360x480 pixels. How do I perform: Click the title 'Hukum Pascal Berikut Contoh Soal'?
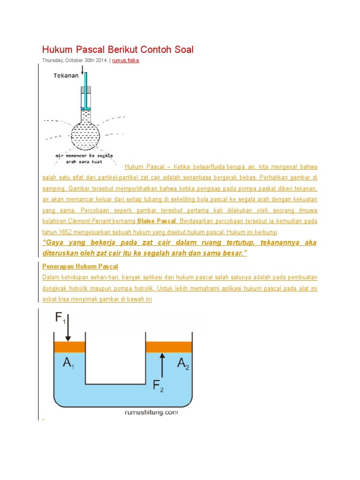[x=118, y=49]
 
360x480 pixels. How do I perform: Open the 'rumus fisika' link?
[x=126, y=60]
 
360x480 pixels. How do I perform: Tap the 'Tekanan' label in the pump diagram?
[x=66, y=75]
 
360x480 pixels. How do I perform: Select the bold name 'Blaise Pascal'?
[x=157, y=220]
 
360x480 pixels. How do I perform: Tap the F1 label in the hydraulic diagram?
[x=60, y=319]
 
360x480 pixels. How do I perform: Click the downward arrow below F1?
[x=68, y=329]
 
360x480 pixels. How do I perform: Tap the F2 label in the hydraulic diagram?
[x=158, y=386]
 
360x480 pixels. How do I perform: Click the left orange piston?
[x=70, y=347]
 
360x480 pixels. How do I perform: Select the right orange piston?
[x=169, y=347]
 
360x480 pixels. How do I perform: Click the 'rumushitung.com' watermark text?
[x=151, y=412]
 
